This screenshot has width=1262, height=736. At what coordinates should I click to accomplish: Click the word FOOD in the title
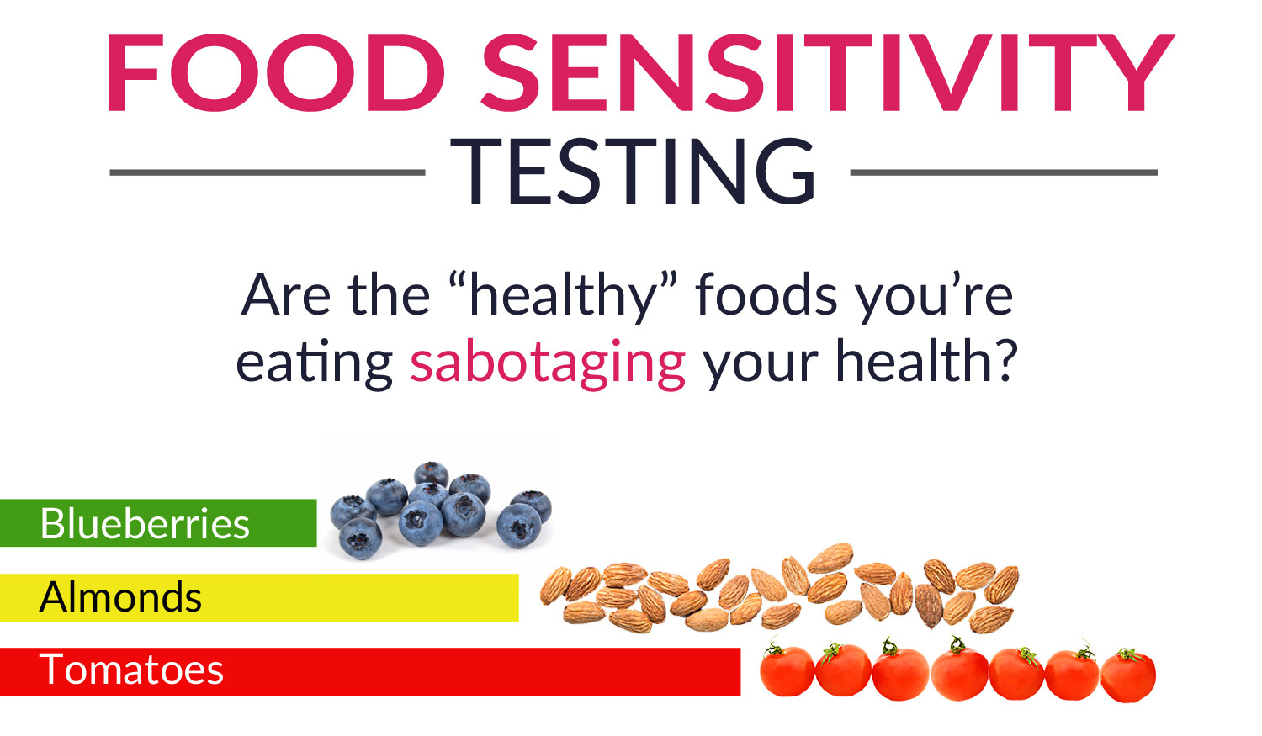[x=276, y=72]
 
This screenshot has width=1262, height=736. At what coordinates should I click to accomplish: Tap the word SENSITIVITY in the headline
[x=828, y=72]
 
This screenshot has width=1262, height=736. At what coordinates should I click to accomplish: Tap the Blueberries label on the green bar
[x=145, y=524]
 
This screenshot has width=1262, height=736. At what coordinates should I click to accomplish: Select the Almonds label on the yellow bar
[x=120, y=597]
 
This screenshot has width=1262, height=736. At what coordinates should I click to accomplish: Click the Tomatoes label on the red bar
[x=131, y=670]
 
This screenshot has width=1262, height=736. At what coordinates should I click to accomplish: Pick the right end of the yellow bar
[x=517, y=597]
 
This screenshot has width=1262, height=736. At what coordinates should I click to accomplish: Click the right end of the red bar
[x=740, y=671]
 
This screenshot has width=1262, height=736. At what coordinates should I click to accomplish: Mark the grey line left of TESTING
[x=267, y=172]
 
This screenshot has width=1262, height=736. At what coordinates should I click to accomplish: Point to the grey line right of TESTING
[x=1004, y=172]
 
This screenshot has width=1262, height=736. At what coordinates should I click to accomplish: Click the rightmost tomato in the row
[x=1128, y=676]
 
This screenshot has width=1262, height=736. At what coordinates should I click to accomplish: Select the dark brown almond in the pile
[x=929, y=606]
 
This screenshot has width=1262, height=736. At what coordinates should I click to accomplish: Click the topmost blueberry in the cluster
[x=431, y=474]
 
